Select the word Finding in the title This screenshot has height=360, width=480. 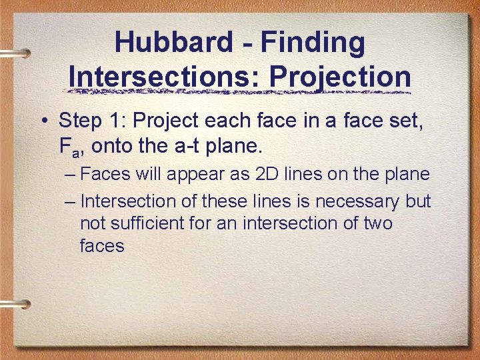point(313,43)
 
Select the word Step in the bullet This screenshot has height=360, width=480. point(77,121)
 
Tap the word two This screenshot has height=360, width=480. point(377,223)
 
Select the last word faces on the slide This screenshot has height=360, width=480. point(102,245)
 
